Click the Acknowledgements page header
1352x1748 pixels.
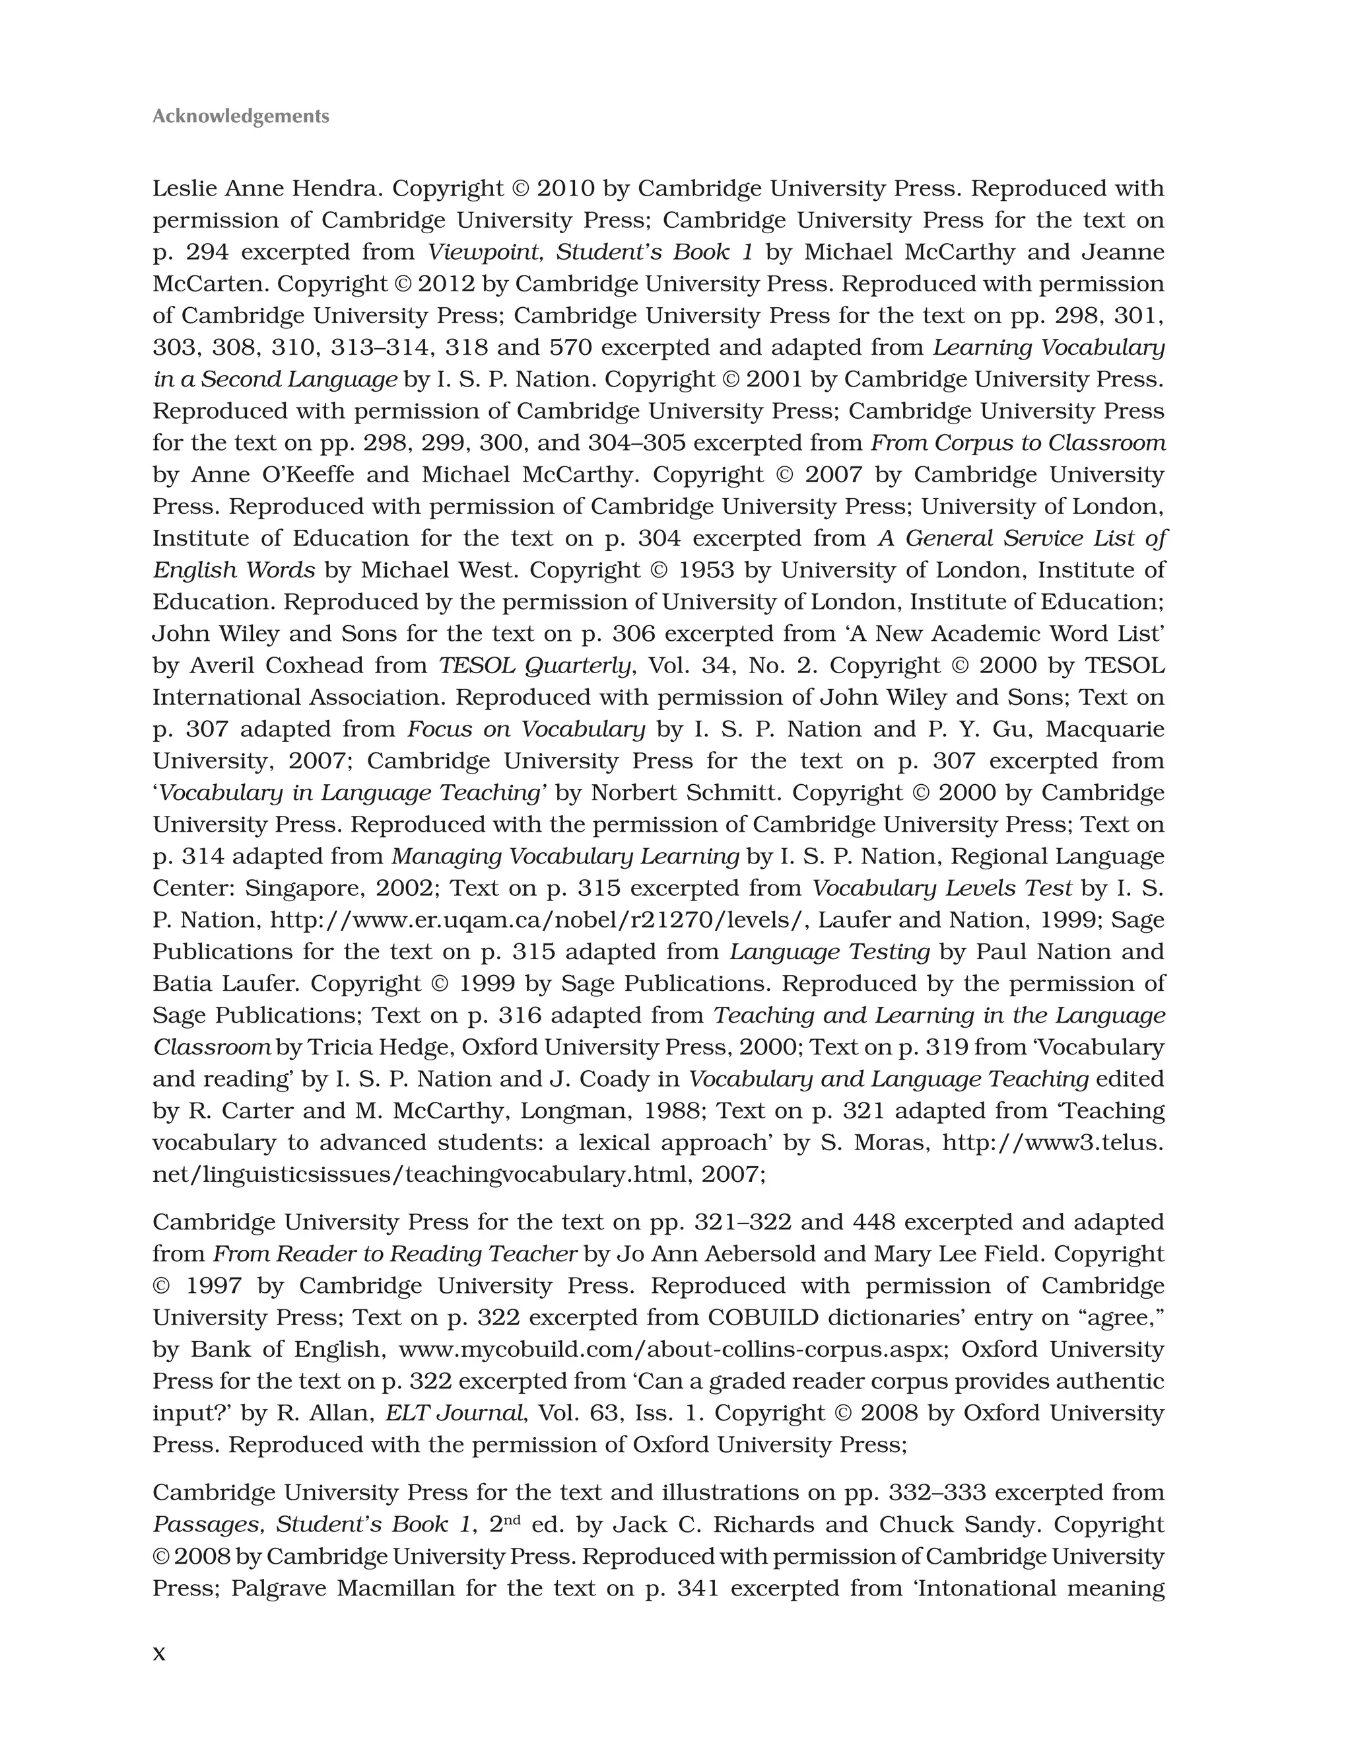pos(240,116)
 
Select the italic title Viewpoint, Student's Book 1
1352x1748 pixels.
pos(590,252)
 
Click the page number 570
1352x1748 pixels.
pos(570,347)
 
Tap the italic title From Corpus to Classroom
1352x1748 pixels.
pos(1017,443)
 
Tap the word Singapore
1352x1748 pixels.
pos(303,889)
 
